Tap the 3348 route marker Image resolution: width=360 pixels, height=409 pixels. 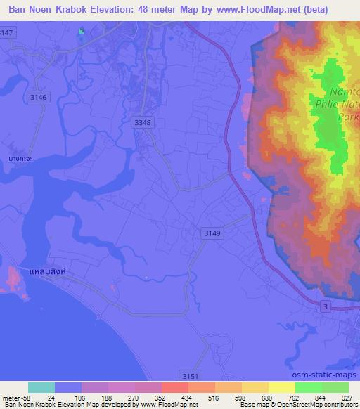pyautogui.click(x=142, y=122)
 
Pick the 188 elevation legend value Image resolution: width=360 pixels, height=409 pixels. pyautogui.click(x=107, y=397)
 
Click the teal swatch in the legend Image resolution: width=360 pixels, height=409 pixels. pyautogui.click(x=41, y=387)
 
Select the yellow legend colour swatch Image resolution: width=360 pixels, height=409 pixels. pyautogui.click(x=255, y=387)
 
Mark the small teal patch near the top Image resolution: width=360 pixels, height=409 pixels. pyautogui.click(x=81, y=31)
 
